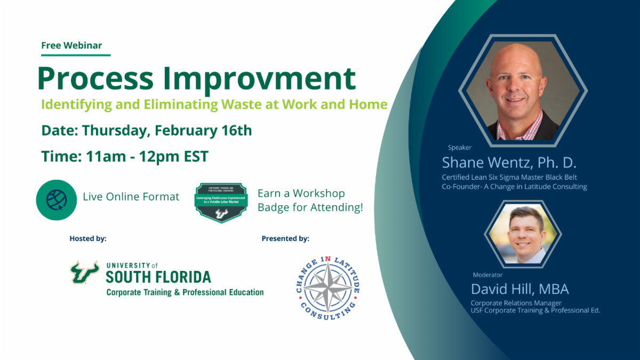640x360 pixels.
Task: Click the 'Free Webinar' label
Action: pyautogui.click(x=71, y=45)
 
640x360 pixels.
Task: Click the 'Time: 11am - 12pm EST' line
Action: pyautogui.click(x=124, y=156)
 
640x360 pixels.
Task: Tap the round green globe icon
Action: pyautogui.click(x=56, y=199)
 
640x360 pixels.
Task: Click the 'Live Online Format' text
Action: pyautogui.click(x=131, y=197)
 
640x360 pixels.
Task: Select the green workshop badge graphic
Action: pyautogui.click(x=221, y=202)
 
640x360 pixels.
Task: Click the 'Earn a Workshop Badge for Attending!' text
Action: pyautogui.click(x=310, y=201)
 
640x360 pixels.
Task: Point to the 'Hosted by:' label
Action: pyautogui.click(x=88, y=238)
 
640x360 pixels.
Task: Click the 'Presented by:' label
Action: pyautogui.click(x=285, y=238)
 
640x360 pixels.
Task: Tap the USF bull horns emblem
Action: pyautogui.click(x=85, y=272)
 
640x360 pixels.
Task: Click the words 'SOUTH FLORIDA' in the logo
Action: pyautogui.click(x=158, y=277)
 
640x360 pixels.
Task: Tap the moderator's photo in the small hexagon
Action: pyautogui.click(x=523, y=235)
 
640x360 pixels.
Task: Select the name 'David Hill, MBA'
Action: pyautogui.click(x=520, y=290)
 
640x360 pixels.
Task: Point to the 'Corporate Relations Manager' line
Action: pyautogui.click(x=516, y=303)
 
